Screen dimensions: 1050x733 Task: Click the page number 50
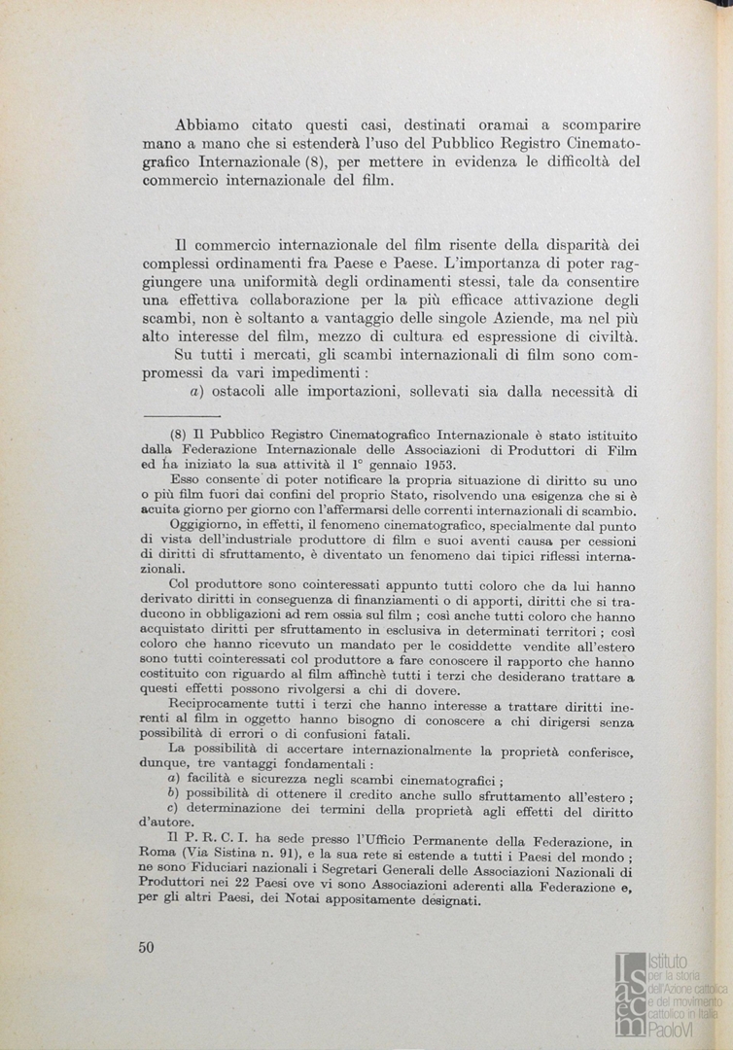coord(147,948)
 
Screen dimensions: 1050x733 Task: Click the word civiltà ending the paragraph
coord(609,337)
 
